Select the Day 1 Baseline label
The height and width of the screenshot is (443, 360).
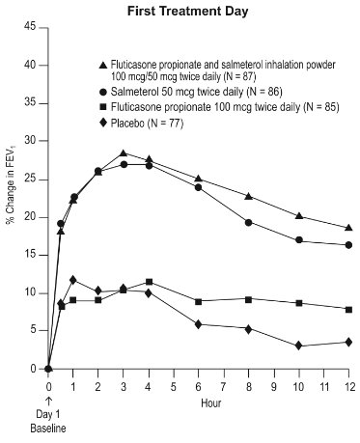(x=48, y=423)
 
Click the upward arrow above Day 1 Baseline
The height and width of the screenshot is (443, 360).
(x=48, y=401)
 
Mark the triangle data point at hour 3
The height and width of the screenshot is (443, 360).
(x=124, y=153)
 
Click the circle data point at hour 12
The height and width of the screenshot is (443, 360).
(x=348, y=245)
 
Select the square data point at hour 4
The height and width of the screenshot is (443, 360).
(x=149, y=282)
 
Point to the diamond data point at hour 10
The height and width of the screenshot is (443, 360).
(x=299, y=346)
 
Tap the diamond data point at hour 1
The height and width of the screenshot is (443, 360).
(x=73, y=279)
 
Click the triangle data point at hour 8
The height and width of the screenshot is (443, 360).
(x=249, y=196)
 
